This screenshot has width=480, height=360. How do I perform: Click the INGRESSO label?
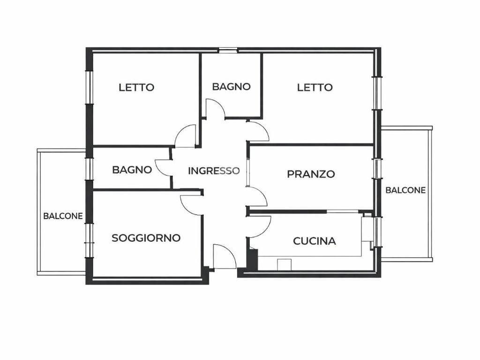pos(214,171)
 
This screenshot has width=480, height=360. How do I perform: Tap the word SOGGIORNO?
pos(146,238)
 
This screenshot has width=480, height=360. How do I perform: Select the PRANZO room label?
pos(311,174)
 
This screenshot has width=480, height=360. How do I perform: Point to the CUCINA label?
pos(314,241)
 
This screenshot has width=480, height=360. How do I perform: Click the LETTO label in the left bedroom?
pos(136,87)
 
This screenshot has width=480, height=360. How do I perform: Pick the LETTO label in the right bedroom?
pos(315,87)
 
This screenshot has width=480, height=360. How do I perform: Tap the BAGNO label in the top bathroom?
pos(231,86)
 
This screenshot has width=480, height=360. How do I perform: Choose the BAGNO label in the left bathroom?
pos(132,170)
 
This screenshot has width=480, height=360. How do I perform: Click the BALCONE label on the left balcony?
pos(63,216)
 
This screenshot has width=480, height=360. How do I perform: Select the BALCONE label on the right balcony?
pos(405,190)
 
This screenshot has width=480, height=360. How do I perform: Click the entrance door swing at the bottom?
pos(224,257)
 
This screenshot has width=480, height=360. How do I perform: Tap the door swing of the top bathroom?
pos(215,108)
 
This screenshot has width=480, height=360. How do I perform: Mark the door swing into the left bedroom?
pos(186,137)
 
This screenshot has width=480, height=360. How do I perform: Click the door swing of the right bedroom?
pos(257,131)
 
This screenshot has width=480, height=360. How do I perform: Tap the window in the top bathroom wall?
pos(228,50)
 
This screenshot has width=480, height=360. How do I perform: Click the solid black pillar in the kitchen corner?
pos(253,259)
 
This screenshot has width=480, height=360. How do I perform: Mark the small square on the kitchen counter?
pos(284,264)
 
